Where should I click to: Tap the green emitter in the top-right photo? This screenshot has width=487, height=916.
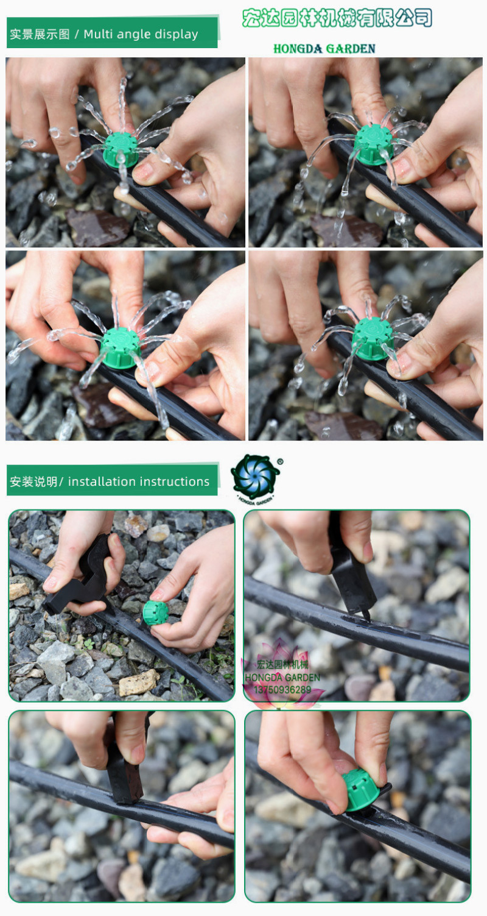[373, 144]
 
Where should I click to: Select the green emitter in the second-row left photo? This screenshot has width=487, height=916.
[121, 347]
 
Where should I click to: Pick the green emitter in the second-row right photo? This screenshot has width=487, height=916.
[372, 339]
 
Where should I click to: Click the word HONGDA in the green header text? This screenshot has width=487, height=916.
[298, 49]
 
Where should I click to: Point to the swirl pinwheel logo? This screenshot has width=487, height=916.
[255, 477]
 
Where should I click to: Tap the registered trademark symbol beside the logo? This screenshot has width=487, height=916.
[280, 462]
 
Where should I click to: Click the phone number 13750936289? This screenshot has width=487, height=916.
[282, 690]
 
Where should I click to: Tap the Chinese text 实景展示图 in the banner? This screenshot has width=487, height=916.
[40, 34]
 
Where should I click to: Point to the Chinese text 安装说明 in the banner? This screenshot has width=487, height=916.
[33, 481]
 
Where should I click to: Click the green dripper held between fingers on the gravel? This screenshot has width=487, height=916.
[155, 612]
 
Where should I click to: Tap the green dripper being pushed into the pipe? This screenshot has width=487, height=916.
[361, 789]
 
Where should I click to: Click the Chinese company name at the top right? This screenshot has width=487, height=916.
[337, 18]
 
